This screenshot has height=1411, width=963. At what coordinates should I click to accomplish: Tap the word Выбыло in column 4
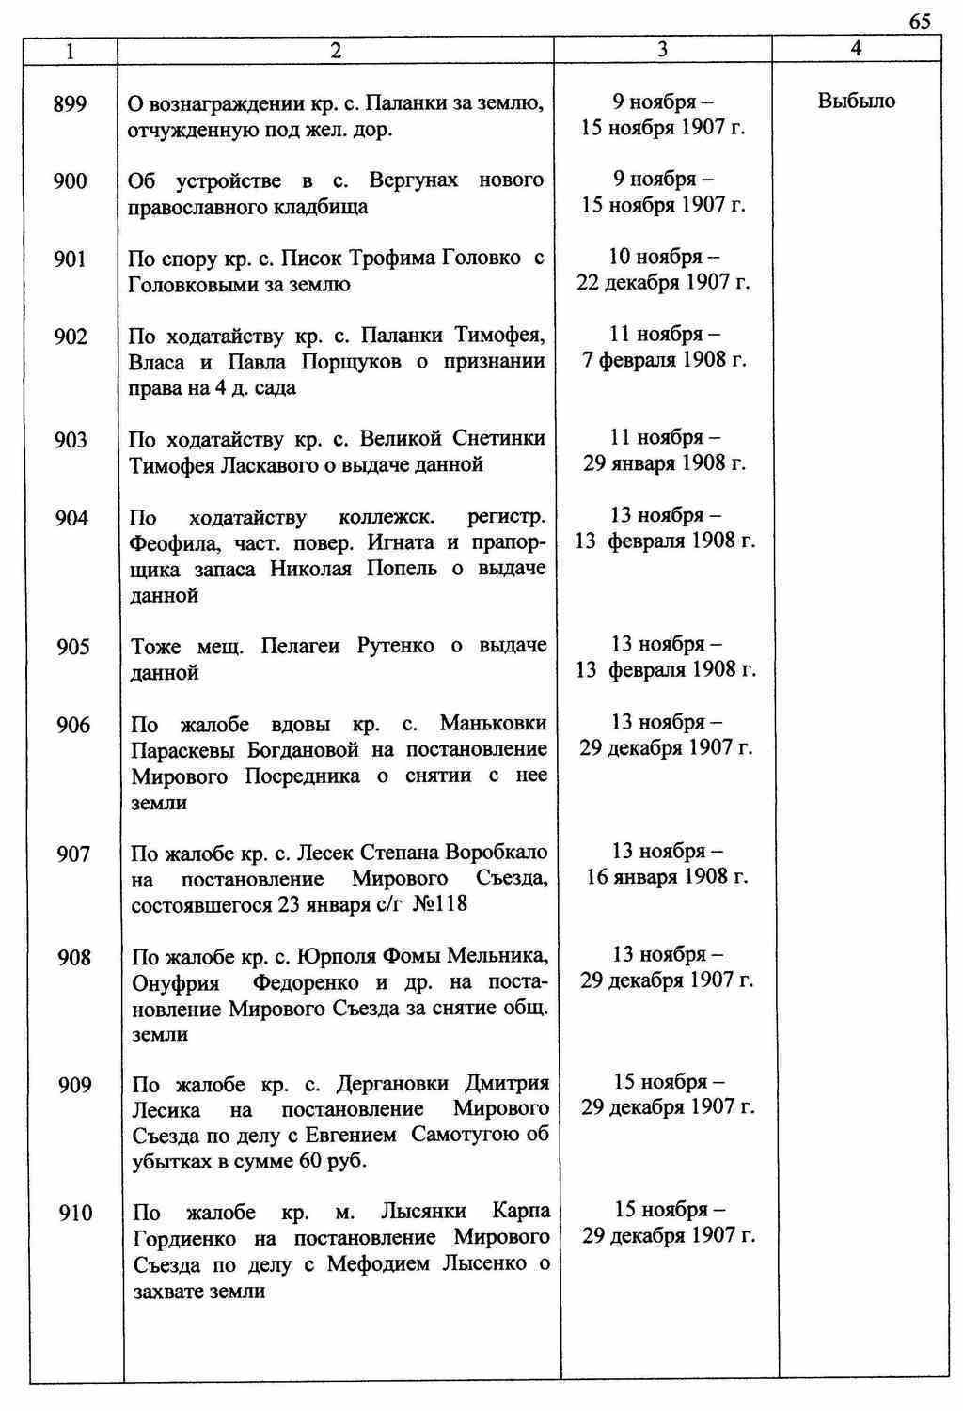click(856, 101)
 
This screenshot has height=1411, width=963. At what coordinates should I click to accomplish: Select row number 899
click(71, 103)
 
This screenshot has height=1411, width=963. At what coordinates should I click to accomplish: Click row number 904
click(71, 518)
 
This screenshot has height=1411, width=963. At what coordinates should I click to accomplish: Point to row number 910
click(75, 1214)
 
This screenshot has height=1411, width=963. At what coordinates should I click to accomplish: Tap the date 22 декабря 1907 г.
click(663, 282)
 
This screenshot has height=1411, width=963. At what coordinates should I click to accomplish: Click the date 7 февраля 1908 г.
click(664, 360)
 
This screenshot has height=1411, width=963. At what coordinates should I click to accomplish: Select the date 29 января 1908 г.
click(664, 463)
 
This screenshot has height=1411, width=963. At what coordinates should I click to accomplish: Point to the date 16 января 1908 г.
click(667, 877)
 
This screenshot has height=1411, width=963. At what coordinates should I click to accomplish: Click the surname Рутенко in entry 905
click(395, 646)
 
